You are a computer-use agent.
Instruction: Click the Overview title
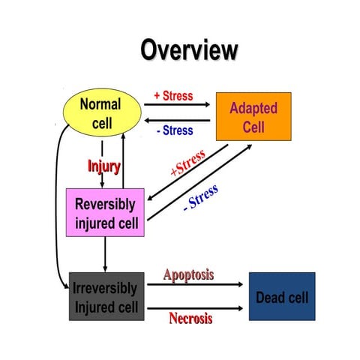[x=189, y=50]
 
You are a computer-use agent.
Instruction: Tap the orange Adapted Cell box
[x=253, y=117]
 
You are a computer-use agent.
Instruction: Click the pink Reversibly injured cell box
[x=105, y=213]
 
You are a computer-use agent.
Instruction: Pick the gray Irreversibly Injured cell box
[x=106, y=296]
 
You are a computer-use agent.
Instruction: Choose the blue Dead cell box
[x=282, y=296]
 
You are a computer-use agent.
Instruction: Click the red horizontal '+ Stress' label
[x=172, y=96]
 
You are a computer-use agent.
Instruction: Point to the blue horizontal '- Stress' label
[x=175, y=130]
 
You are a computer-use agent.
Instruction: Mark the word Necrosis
[x=189, y=318]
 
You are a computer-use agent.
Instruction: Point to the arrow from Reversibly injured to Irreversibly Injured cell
[x=105, y=254]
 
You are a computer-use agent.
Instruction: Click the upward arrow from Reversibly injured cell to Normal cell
[x=122, y=161]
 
